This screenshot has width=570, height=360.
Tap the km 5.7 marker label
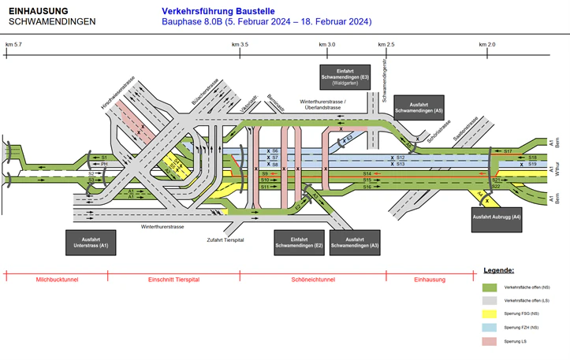tap(13, 45)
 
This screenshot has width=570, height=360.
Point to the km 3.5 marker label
tap(240, 45)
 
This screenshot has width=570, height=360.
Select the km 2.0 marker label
tap(487, 45)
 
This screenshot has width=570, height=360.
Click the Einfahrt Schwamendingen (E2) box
tap(297, 243)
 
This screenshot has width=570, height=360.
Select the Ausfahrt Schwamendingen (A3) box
tap(352, 243)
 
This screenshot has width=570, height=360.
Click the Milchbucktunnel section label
tap(56, 280)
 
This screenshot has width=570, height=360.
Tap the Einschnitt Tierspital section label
tap(173, 280)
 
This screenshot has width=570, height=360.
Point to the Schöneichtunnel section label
tap(313, 280)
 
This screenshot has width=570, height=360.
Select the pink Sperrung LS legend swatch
tap(489, 341)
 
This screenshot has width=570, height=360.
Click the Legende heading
tap(499, 270)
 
